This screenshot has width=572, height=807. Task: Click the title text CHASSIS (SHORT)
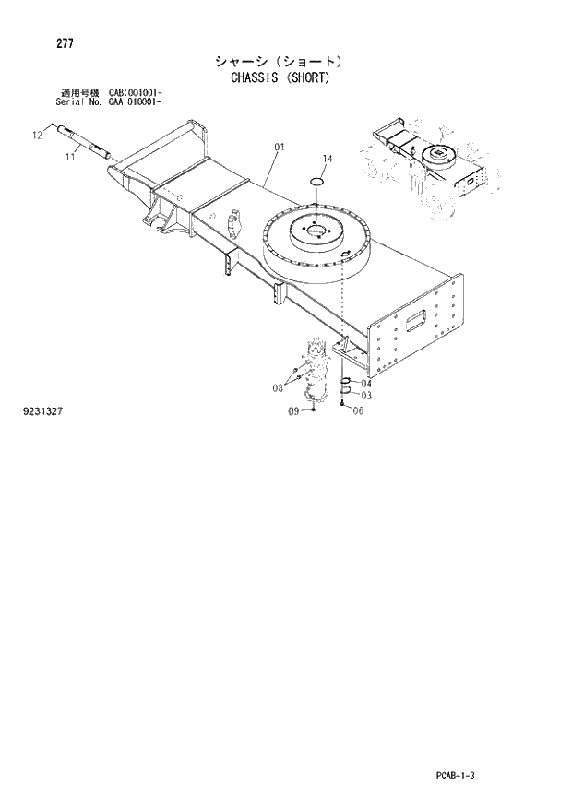(278, 77)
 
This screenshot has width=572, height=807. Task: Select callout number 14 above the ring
(328, 159)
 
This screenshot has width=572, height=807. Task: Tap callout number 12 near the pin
(38, 136)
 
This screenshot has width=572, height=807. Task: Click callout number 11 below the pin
(70, 158)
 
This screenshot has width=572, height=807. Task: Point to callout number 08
(277, 388)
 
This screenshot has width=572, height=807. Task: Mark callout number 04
(366, 383)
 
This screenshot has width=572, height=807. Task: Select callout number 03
(366, 396)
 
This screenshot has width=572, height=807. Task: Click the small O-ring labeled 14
(316, 181)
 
